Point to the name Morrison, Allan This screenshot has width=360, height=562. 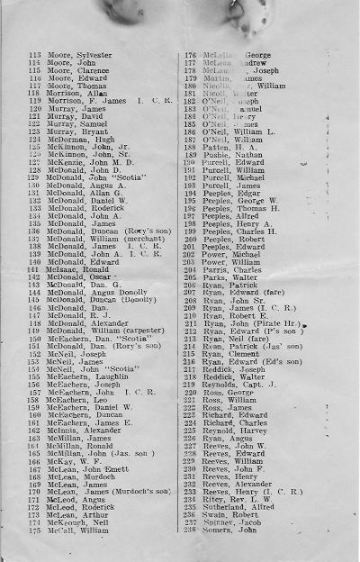click(x=78, y=93)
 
